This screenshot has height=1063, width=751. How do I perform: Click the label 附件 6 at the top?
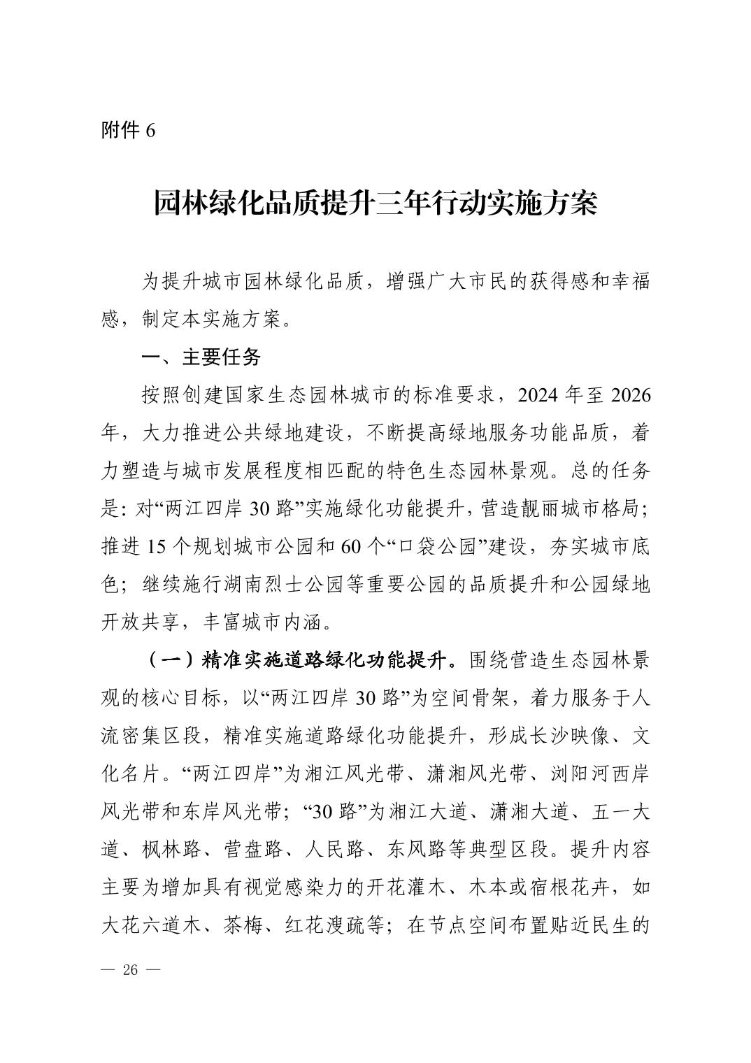click(128, 131)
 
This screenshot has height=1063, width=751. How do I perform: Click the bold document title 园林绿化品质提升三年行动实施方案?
click(375, 204)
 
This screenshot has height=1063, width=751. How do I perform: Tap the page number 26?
click(131, 970)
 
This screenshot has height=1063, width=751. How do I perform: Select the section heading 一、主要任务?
click(201, 357)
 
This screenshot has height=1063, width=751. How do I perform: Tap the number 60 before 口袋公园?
click(352, 547)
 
